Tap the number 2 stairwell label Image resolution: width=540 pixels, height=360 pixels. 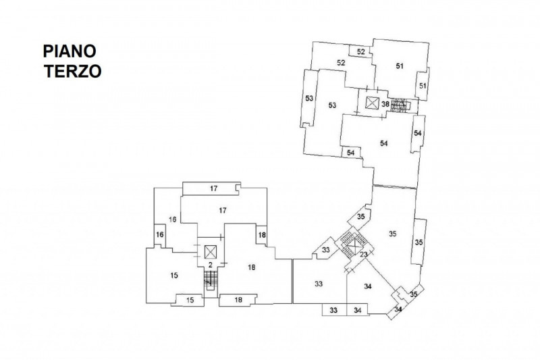(210, 265)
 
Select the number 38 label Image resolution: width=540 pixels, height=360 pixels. (385, 104)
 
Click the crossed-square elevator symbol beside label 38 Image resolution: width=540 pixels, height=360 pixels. (371, 103)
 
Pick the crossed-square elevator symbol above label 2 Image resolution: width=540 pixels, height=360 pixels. (210, 251)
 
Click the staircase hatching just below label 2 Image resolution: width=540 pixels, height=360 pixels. (210, 280)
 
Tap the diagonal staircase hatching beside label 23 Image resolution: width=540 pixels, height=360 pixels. (350, 241)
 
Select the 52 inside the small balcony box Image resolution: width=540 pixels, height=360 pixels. (360, 52)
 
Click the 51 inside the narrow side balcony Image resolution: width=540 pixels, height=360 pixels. (423, 86)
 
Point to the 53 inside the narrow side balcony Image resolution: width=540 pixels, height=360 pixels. (309, 99)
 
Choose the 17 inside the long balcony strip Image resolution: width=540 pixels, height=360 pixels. (212, 188)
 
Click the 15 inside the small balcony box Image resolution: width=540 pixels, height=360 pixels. (190, 299)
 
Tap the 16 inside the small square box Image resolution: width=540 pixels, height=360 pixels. (160, 234)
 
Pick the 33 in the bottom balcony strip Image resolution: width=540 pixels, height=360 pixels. (333, 310)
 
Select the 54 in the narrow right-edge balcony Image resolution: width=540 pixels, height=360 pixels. (418, 134)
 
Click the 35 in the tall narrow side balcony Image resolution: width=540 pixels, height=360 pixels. (418, 242)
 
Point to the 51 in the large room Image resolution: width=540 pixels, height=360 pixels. (399, 66)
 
